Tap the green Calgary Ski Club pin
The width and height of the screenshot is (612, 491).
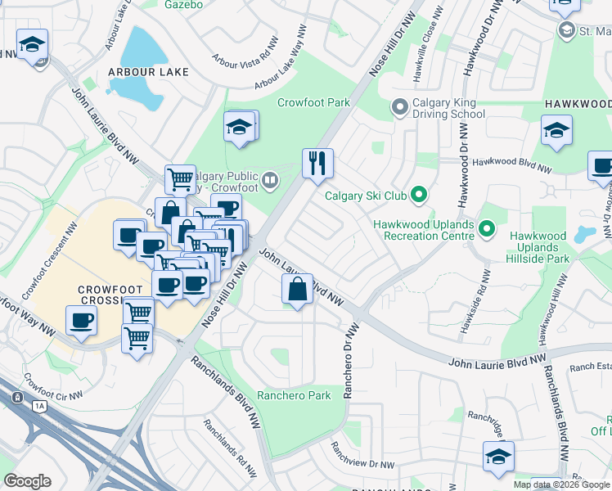coord(419,195)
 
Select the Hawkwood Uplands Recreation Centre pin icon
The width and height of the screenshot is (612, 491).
coord(487,228)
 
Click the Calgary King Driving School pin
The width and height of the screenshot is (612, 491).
coord(399,107)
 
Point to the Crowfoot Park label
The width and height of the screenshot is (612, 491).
coord(313,102)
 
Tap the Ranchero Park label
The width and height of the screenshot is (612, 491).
coord(294,395)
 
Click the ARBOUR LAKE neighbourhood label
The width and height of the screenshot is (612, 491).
coord(148,72)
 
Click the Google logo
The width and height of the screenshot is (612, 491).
coord(27,480)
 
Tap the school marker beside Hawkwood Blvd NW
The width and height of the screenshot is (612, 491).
coord(556,130)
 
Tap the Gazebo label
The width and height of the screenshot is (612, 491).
coord(183,4)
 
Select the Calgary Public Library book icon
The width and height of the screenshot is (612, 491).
coord(271,178)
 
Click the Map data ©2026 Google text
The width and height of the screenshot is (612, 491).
coord(562,484)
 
